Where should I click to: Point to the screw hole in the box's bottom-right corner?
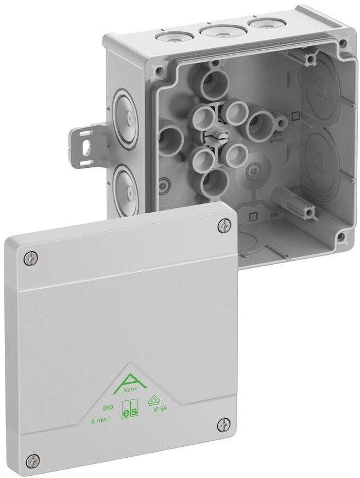point(340,236)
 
